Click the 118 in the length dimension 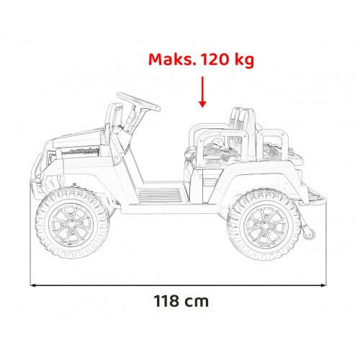pos(166,300)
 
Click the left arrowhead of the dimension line pos(35,284)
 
